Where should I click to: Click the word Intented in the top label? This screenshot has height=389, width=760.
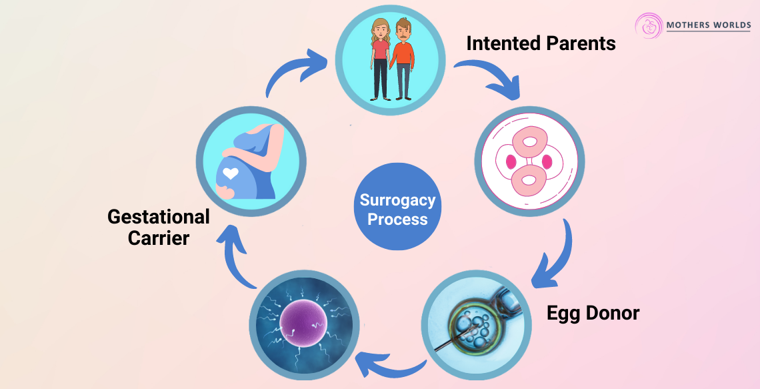(x=501, y=44)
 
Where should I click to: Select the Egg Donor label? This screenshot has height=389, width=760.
(x=593, y=312)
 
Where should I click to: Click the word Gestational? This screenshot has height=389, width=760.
(x=159, y=217)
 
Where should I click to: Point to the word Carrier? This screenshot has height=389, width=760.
(x=158, y=238)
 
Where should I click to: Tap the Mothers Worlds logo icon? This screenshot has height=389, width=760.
(x=649, y=26)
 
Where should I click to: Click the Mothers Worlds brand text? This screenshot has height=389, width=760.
(x=709, y=25)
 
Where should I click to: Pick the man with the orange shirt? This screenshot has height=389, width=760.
(x=403, y=59)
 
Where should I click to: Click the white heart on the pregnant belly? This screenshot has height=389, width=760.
(x=231, y=174)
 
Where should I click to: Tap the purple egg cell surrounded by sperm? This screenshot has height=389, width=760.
(x=303, y=323)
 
